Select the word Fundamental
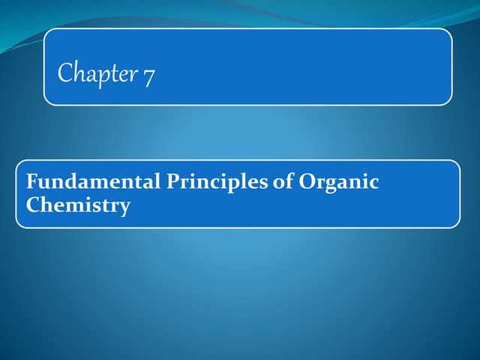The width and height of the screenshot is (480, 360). [x=87, y=181]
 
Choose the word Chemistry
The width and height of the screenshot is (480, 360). [x=77, y=205]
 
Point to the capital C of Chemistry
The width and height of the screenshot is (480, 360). [x=32, y=205]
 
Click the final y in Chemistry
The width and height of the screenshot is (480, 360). [x=124, y=208]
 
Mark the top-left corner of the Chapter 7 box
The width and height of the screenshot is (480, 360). [x=45, y=29]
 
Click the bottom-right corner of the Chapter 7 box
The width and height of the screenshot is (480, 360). [x=451, y=103]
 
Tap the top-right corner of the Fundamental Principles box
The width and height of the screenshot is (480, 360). [x=458, y=161]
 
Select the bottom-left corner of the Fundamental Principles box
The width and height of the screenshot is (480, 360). [x=17, y=226]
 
